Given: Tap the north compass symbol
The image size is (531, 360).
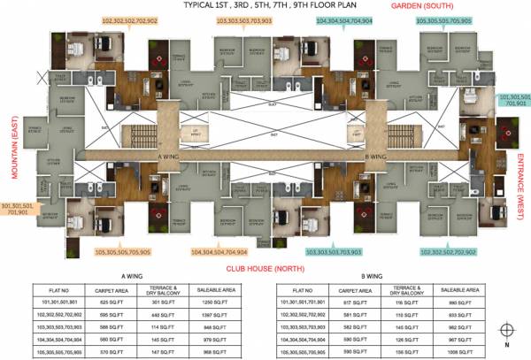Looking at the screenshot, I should [x=504, y=333].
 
